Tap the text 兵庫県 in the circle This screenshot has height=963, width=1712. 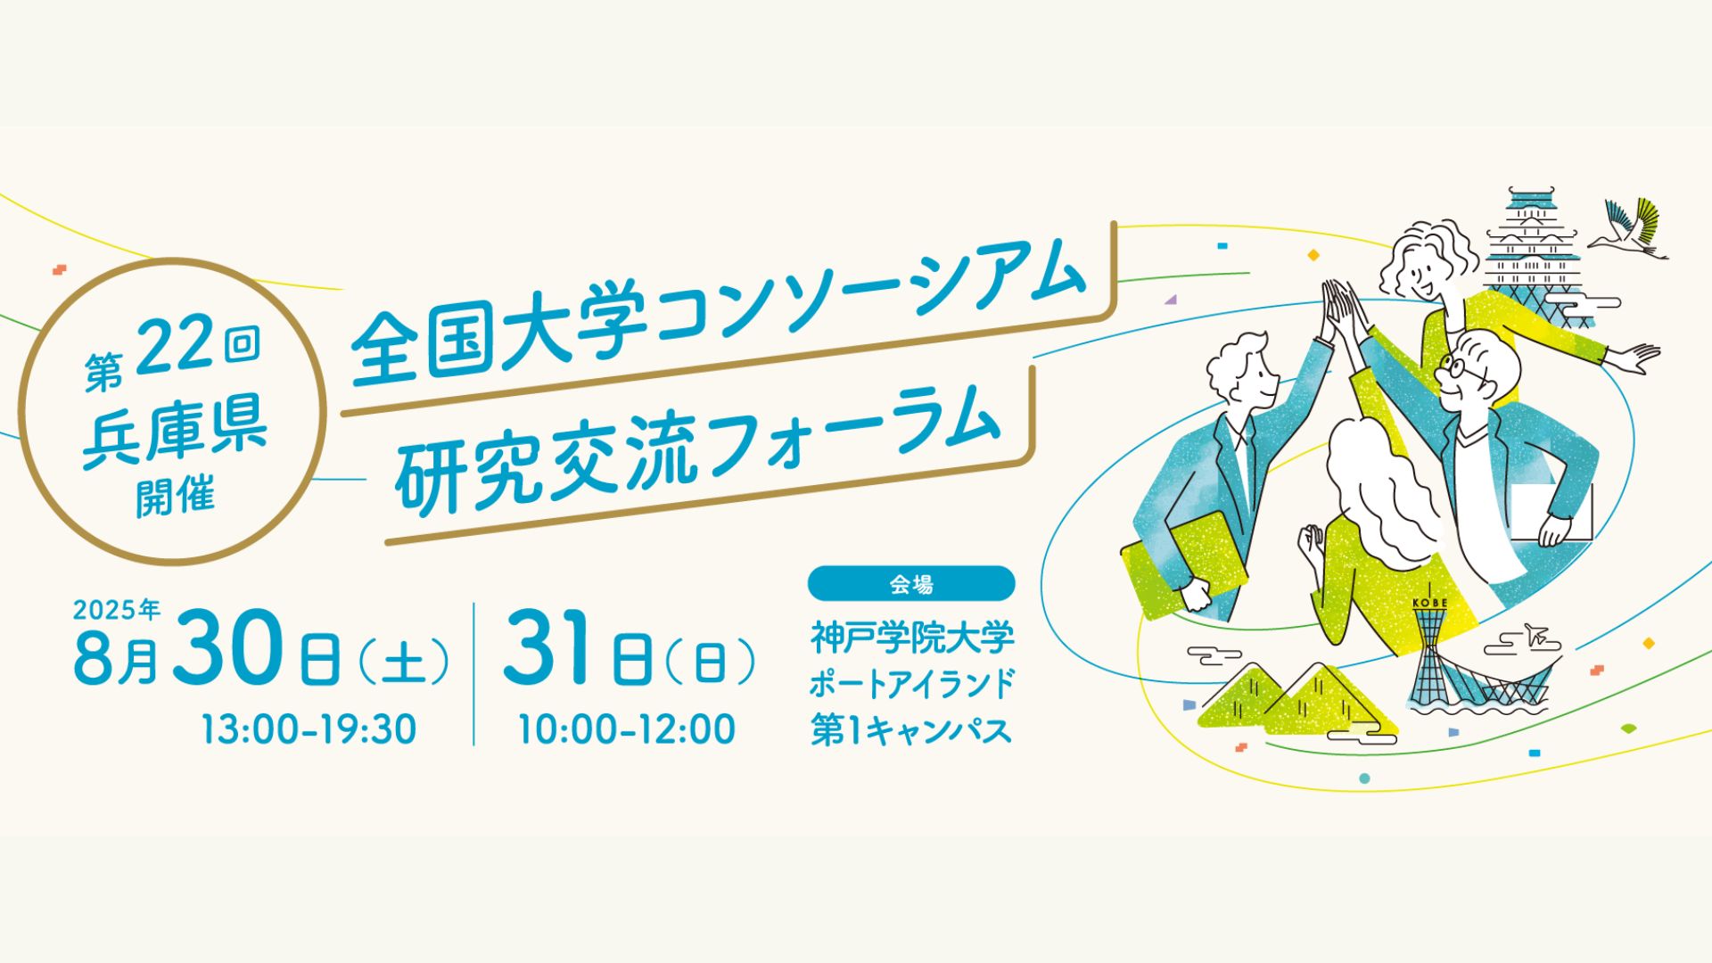click(175, 432)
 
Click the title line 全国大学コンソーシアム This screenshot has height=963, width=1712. click(718, 313)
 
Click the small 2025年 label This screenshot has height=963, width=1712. click(117, 610)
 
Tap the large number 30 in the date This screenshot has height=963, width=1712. click(230, 648)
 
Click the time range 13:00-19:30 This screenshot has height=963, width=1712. click(309, 729)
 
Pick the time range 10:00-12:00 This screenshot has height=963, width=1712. click(628, 729)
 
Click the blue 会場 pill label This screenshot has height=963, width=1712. click(911, 584)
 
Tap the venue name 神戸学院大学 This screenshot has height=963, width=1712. click(912, 638)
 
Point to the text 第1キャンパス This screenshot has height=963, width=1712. click(911, 729)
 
